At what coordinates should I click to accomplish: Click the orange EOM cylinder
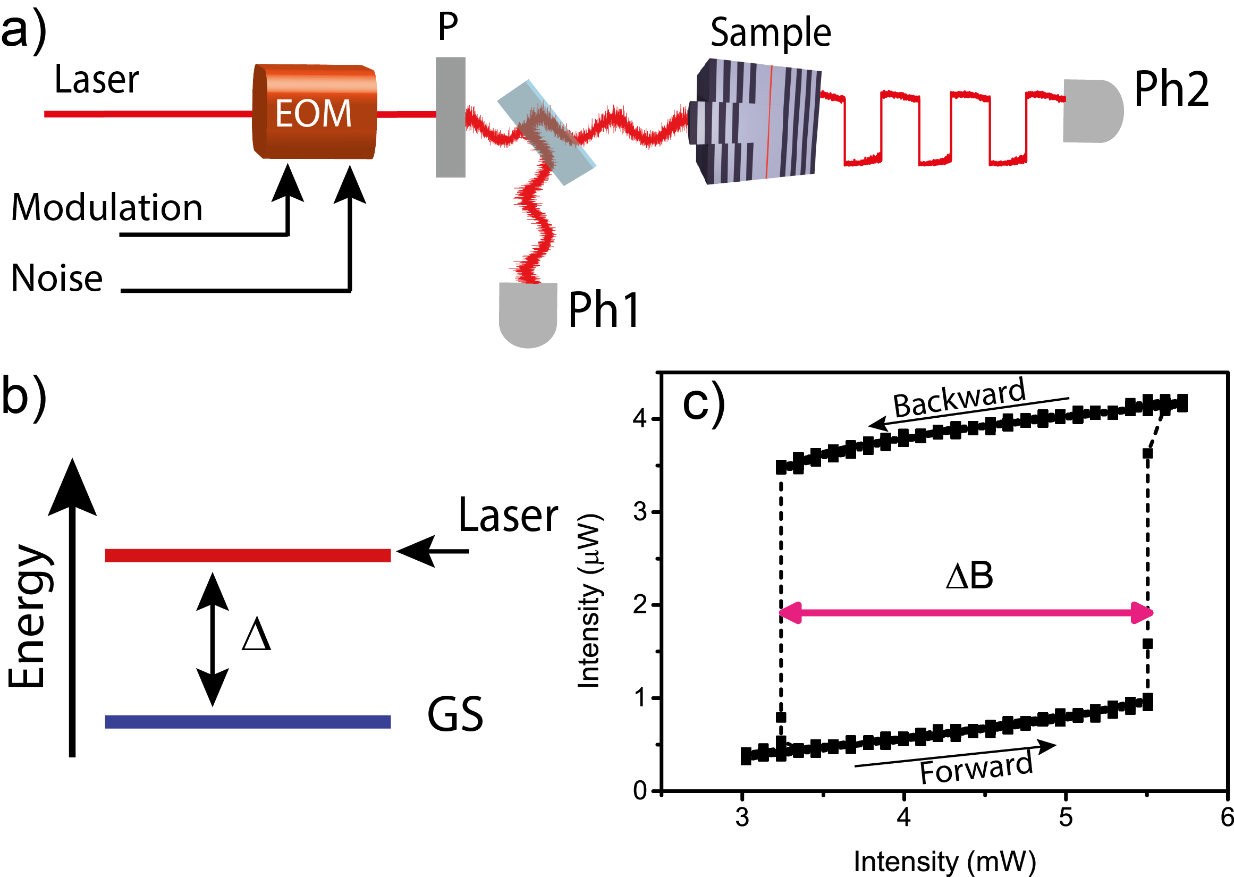tap(314, 112)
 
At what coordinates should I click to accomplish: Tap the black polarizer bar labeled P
tap(450, 117)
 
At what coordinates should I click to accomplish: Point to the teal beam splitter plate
tap(546, 133)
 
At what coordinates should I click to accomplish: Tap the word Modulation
tap(106, 208)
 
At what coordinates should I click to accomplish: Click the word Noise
tap(57, 279)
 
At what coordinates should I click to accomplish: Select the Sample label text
tap(770, 33)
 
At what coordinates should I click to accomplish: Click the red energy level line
tap(247, 555)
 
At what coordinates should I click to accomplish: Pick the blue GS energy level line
tap(247, 721)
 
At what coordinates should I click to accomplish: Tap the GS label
tap(454, 715)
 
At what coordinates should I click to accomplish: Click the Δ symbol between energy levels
tap(256, 635)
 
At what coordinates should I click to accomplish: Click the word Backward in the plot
tap(959, 399)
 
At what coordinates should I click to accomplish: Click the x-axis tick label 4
tap(904, 817)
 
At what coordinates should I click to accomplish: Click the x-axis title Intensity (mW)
tap(945, 862)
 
